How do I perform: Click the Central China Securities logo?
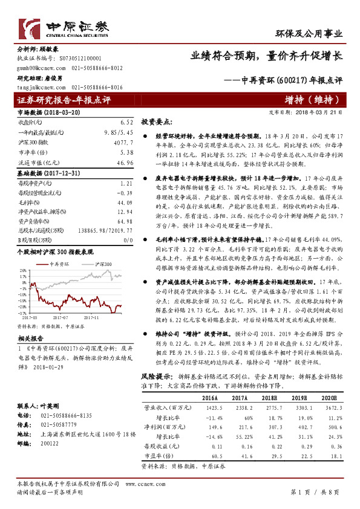click(x=64, y=28)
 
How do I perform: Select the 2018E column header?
click(x=268, y=399)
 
